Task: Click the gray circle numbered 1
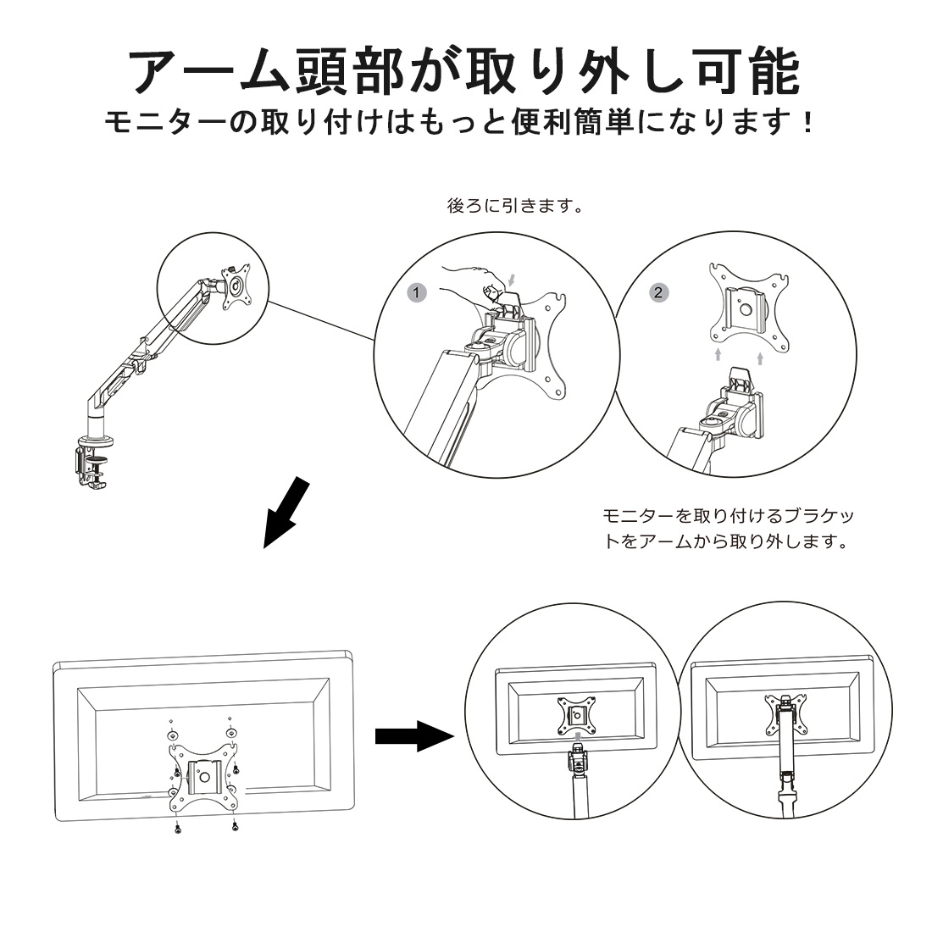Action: pyautogui.click(x=415, y=291)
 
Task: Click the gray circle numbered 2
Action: pyautogui.click(x=658, y=291)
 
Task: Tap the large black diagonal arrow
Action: pyautogui.click(x=286, y=512)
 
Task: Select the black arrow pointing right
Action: pyautogui.click(x=409, y=735)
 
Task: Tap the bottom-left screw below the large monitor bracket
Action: pyautogui.click(x=176, y=827)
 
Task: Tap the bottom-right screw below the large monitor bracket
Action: pyautogui.click(x=234, y=827)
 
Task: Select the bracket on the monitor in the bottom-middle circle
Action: pyautogui.click(x=576, y=714)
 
